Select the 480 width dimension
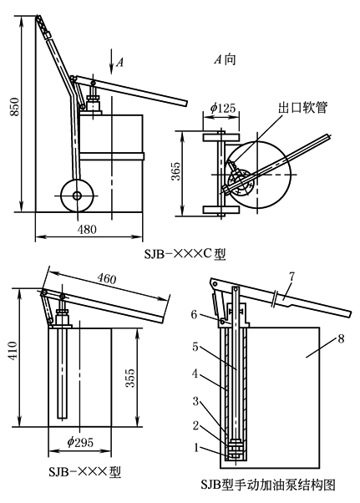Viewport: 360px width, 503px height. click(x=87, y=229)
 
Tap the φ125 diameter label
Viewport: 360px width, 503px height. click(x=223, y=107)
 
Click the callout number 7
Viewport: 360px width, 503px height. click(x=292, y=277)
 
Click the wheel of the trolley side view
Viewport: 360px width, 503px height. click(x=77, y=195)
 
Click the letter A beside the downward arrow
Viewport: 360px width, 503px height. click(x=119, y=61)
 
